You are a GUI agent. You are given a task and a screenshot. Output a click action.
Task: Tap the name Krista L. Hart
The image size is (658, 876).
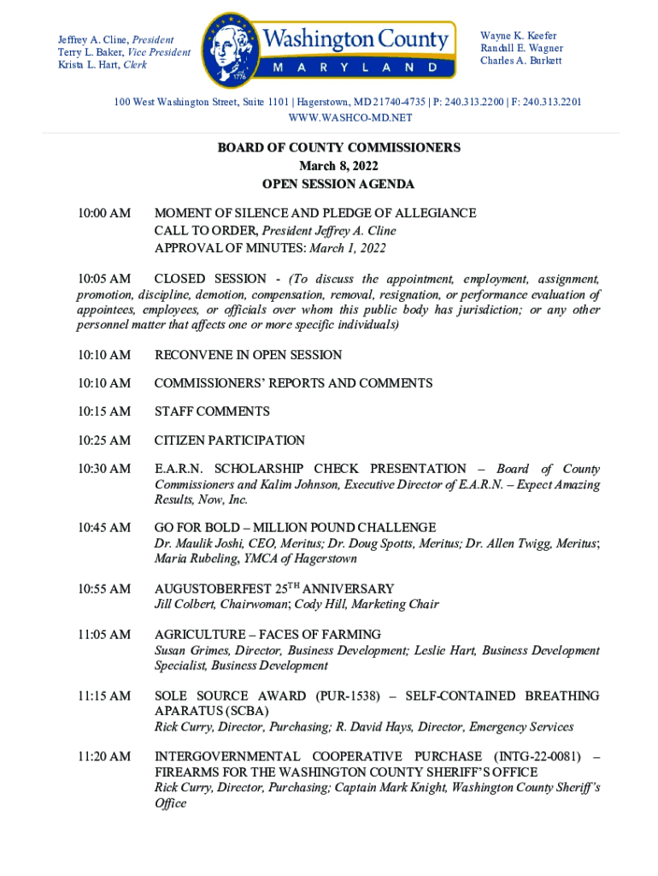click(89, 65)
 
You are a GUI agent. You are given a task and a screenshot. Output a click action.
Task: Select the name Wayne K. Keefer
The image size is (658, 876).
click(518, 36)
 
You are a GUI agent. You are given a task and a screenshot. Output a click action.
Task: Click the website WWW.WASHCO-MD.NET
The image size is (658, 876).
click(350, 117)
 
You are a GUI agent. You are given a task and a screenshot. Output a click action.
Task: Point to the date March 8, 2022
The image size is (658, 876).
click(338, 166)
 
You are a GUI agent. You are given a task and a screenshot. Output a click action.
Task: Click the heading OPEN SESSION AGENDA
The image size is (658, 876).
click(338, 184)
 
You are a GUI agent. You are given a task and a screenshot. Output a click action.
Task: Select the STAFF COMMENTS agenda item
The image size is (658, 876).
click(212, 411)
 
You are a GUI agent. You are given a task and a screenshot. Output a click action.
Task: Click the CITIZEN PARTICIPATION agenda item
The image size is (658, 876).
click(229, 441)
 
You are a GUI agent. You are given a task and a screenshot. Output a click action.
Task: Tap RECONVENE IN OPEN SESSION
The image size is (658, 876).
click(248, 355)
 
